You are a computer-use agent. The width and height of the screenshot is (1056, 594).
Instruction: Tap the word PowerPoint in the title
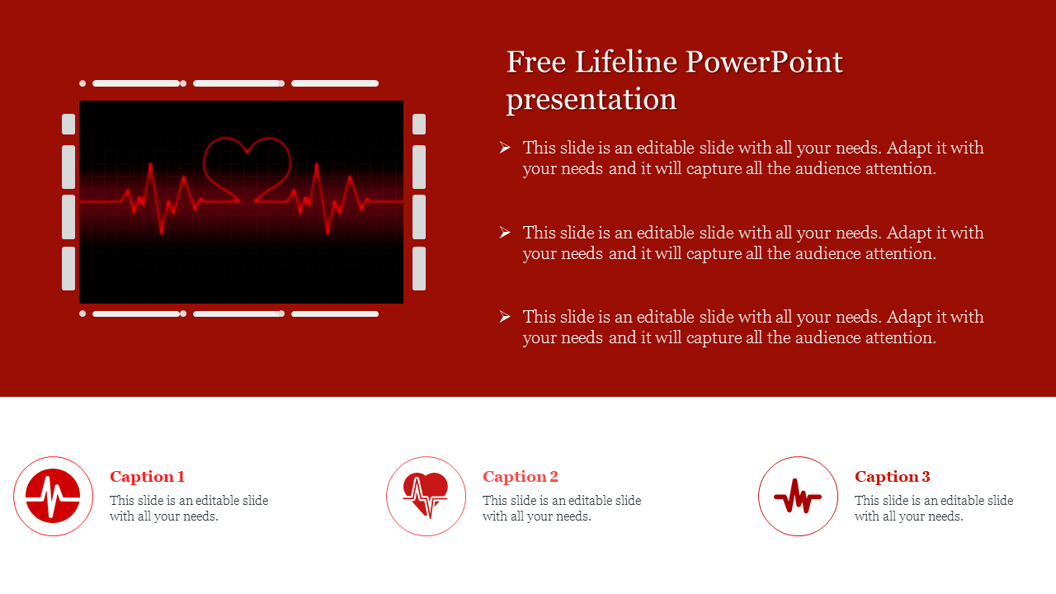[x=764, y=62]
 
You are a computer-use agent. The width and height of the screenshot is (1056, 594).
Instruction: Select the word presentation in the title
[x=592, y=101]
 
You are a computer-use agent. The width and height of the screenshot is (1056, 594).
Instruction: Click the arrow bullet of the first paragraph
[x=505, y=148]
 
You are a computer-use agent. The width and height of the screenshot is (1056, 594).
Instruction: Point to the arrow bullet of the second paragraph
[x=505, y=233]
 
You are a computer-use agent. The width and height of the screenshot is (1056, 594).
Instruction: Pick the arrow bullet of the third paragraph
[x=505, y=317]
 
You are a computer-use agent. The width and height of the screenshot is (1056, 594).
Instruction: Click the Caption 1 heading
[x=147, y=477]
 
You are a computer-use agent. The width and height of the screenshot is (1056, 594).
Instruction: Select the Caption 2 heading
[x=521, y=477]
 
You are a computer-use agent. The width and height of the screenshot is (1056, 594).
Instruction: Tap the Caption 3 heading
[x=893, y=477]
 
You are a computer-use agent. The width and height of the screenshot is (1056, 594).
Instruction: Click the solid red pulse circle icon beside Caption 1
[x=53, y=496]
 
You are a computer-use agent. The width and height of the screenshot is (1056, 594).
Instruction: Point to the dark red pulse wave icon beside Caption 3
[x=798, y=497]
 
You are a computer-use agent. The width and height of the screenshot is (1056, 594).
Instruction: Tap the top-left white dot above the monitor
[x=82, y=83]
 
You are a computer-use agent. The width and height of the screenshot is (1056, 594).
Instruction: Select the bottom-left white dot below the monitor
[x=82, y=314]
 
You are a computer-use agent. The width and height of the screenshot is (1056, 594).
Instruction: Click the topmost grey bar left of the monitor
[x=68, y=124]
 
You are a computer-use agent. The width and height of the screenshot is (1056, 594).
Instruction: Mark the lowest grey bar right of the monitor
[x=419, y=268]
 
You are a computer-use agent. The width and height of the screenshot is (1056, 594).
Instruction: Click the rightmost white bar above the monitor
[x=335, y=83]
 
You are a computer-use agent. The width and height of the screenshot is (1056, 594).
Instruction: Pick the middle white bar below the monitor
[x=238, y=314]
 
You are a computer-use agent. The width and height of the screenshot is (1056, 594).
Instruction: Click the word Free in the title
[x=536, y=62]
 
